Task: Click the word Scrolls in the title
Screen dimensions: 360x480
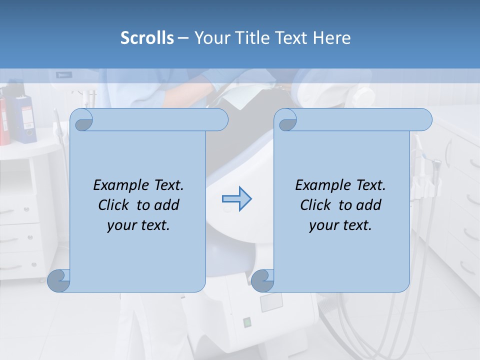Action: (147, 38)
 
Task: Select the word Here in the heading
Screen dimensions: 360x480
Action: (332, 38)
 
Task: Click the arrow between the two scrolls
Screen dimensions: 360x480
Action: (236, 199)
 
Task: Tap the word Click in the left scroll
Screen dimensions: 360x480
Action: (115, 205)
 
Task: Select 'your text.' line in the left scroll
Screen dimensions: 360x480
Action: (138, 225)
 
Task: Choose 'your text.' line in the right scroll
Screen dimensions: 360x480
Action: (340, 225)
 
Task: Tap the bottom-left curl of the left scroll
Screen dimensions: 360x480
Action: (58, 280)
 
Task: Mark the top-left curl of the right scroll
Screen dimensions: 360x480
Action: (286, 120)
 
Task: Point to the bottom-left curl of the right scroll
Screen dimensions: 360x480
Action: (262, 280)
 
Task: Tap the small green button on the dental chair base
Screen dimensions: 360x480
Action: (247, 322)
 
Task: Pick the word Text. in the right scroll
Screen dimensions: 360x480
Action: (370, 185)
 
